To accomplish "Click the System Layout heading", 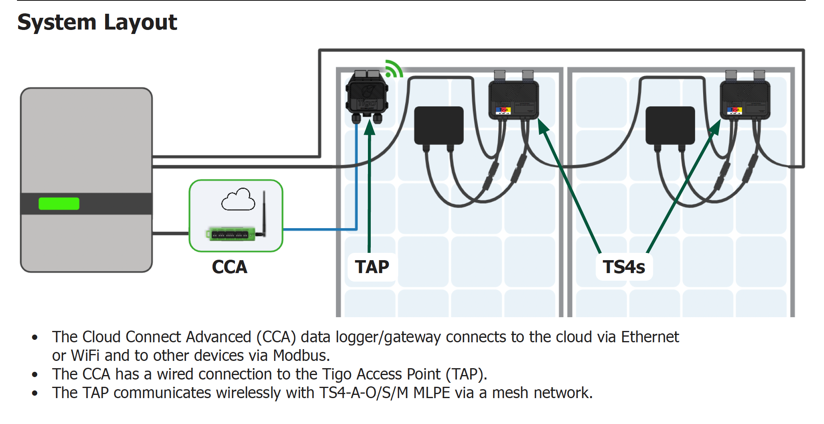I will point(97,22).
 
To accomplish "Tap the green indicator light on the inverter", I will point(59,204).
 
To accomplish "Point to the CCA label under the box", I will point(230,267).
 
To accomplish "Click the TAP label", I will point(372,267).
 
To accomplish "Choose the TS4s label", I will point(624,267).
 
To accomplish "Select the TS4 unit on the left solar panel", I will point(513,99).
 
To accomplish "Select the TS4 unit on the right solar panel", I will point(745,99).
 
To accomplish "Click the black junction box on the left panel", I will point(439,125).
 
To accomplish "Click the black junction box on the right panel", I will point(670,125).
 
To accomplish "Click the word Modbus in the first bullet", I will point(301,356).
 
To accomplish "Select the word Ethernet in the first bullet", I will point(650,337).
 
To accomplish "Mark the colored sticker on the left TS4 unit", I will point(503,110).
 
